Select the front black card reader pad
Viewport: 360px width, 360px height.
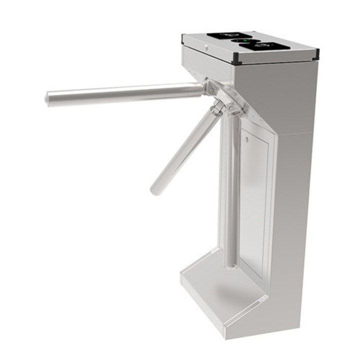coord(263,46)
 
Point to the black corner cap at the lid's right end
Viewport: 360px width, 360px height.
coord(315,51)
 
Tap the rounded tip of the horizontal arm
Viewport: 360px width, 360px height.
coord(47,97)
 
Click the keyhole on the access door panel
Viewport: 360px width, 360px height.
coord(246,140)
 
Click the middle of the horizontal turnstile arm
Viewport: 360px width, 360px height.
coord(125,92)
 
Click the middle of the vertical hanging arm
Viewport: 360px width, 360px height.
coord(230,190)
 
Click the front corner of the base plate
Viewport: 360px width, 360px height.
coord(226,334)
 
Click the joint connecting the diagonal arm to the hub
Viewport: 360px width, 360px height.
coord(216,109)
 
